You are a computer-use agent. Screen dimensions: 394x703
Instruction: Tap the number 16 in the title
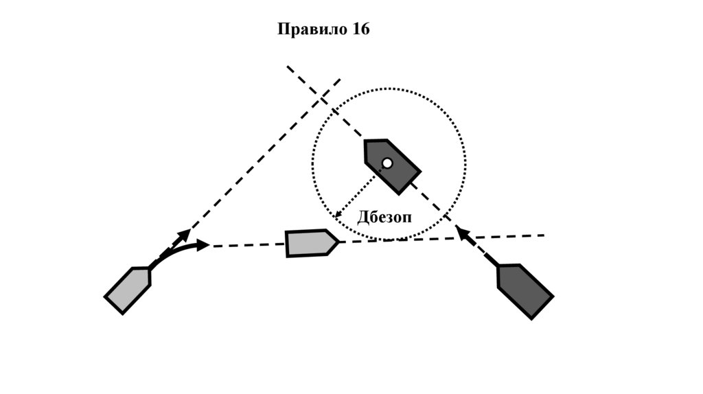point(360,30)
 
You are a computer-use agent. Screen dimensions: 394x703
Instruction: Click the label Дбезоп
point(384,218)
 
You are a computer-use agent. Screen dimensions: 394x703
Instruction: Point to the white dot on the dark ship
point(387,163)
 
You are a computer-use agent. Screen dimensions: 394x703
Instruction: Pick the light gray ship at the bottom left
point(128,289)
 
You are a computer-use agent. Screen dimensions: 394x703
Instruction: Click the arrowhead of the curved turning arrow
point(204,244)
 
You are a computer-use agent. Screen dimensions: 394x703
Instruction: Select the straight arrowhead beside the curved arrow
point(185,234)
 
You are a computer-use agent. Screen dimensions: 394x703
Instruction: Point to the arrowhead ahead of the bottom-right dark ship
point(463,233)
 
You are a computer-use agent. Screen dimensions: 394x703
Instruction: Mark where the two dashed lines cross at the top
point(322,97)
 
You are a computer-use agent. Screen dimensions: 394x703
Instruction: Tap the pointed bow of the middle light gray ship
point(337,242)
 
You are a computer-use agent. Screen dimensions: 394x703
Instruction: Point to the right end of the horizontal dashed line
point(544,235)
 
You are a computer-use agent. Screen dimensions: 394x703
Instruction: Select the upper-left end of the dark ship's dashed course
point(288,67)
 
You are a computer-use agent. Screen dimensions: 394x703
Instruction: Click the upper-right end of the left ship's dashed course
point(341,79)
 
